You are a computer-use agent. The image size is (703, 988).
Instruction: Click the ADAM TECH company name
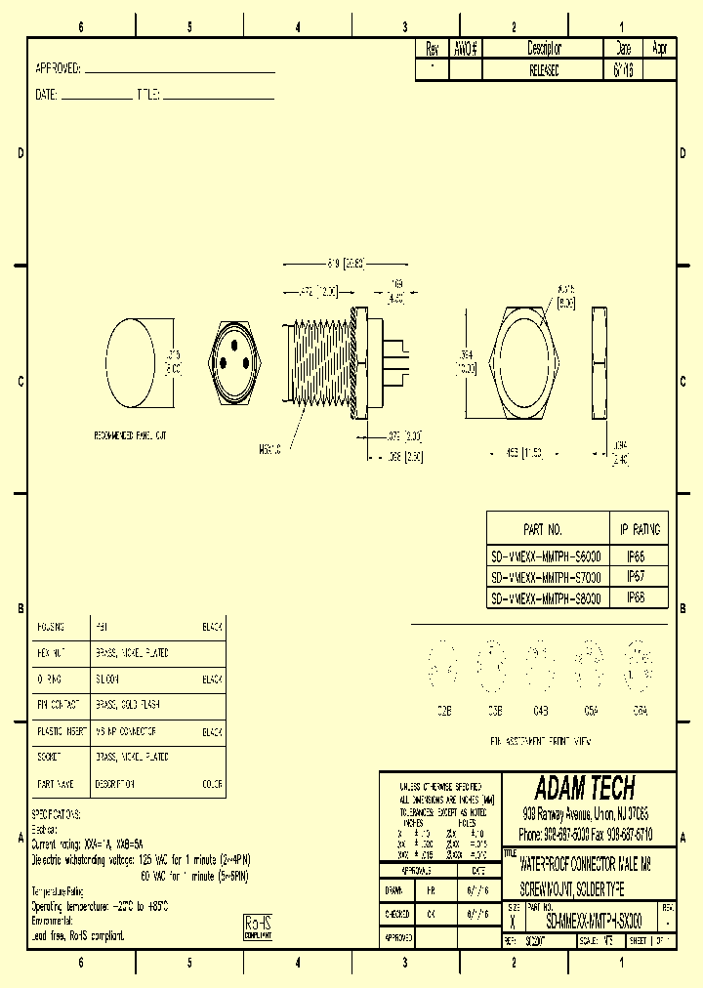(x=585, y=789)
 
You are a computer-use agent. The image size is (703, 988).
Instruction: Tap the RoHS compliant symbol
(x=256, y=926)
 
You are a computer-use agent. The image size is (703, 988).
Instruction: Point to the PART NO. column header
(x=543, y=530)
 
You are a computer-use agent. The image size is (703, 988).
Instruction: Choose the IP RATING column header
(x=641, y=530)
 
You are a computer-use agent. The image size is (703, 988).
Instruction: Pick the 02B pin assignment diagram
(x=443, y=666)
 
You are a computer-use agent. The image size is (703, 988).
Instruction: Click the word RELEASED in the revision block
(x=545, y=71)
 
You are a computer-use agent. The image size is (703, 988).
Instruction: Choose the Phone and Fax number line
(x=586, y=836)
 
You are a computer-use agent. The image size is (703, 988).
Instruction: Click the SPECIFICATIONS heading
(x=57, y=814)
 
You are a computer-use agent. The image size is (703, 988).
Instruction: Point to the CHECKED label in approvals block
(x=397, y=914)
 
